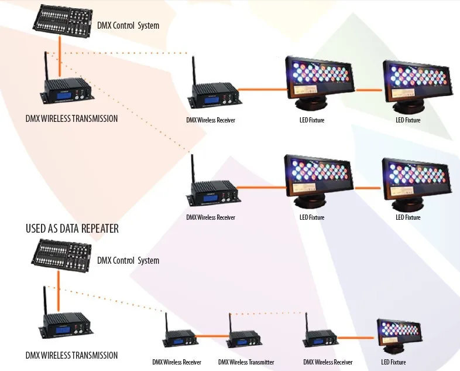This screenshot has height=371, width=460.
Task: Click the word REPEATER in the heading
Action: [x=99, y=229]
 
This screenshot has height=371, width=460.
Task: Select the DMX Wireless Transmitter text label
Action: [x=246, y=362]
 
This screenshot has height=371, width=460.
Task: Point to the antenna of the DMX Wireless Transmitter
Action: [x=231, y=323]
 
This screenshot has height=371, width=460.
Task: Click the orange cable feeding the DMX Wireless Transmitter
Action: [x=211, y=335]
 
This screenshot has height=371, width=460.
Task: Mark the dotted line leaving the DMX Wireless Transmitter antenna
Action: [x=268, y=314]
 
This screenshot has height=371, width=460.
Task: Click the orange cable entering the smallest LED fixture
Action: [x=357, y=338]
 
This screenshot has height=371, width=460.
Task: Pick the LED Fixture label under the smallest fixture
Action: [x=393, y=362]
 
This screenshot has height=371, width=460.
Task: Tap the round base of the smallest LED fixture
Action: [x=394, y=349]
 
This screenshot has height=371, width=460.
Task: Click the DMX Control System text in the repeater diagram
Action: [x=128, y=261]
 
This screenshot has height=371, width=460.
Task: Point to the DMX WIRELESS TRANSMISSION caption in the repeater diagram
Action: [x=71, y=355]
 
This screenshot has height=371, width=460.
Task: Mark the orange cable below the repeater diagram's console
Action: [x=59, y=291]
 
